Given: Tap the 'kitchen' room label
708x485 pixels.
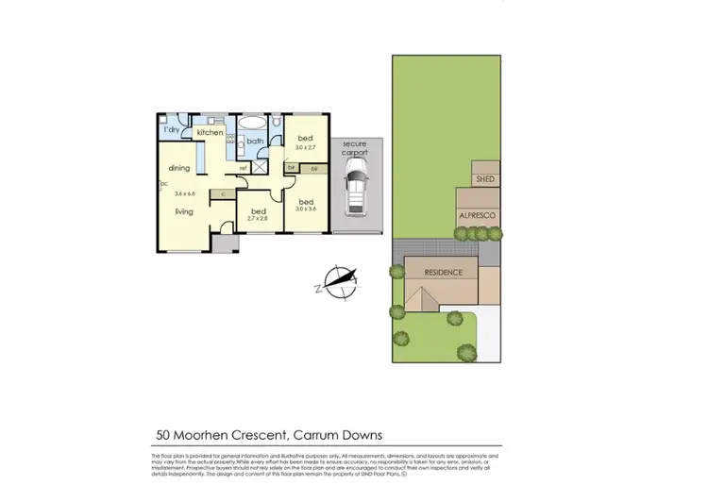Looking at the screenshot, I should [211, 133].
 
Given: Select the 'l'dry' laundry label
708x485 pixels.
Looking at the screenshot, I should [173, 128].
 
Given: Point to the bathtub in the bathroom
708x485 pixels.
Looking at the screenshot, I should [253, 124].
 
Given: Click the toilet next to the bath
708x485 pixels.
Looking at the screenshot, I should [274, 123].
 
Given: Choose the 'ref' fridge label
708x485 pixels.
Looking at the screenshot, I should [243, 168].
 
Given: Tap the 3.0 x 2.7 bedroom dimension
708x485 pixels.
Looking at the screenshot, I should [304, 147].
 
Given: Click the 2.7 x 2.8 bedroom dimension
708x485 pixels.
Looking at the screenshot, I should [258, 218].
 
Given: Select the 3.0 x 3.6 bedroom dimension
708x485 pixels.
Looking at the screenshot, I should [306, 210].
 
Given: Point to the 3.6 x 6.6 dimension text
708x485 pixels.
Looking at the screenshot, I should [183, 193].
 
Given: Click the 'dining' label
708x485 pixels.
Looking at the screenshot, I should [179, 168].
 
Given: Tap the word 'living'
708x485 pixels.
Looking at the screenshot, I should [183, 211].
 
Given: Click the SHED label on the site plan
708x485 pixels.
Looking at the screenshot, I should [484, 178].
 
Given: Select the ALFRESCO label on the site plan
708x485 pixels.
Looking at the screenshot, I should [479, 216].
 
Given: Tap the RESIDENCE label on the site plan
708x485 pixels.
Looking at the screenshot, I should [443, 272].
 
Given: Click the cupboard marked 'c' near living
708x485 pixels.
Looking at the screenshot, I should [223, 194].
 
